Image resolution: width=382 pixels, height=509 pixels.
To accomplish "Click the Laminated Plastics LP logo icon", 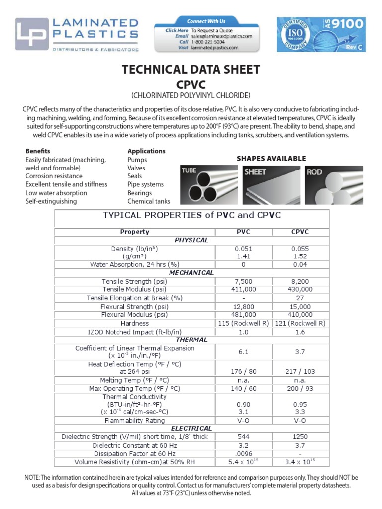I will [x=32, y=34].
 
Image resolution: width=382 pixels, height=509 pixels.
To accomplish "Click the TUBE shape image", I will [x=207, y=184].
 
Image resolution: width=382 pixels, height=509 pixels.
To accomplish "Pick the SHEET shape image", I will [x=271, y=184].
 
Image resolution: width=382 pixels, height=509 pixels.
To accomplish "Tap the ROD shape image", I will [x=335, y=184].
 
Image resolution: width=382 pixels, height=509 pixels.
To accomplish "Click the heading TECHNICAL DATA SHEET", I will [x=191, y=70].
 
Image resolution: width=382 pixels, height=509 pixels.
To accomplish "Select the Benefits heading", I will [x=38, y=151].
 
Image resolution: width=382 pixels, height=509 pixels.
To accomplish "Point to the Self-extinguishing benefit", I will [x=51, y=201].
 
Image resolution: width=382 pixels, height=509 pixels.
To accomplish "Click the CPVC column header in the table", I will [x=300, y=232].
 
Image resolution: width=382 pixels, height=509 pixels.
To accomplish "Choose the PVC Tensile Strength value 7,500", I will [x=244, y=281].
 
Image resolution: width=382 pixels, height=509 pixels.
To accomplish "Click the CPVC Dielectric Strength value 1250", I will [x=300, y=437].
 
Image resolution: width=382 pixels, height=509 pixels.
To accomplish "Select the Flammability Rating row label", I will [x=135, y=420].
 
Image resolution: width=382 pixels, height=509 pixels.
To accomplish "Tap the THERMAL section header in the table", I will [x=191, y=339].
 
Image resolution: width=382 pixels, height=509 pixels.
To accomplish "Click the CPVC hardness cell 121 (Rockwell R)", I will [x=300, y=323].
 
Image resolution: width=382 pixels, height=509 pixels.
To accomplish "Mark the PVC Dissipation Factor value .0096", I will [x=244, y=454].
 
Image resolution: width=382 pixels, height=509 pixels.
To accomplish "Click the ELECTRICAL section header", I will [x=191, y=428].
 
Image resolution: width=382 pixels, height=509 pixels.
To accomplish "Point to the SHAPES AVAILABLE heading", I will [x=271, y=159].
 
